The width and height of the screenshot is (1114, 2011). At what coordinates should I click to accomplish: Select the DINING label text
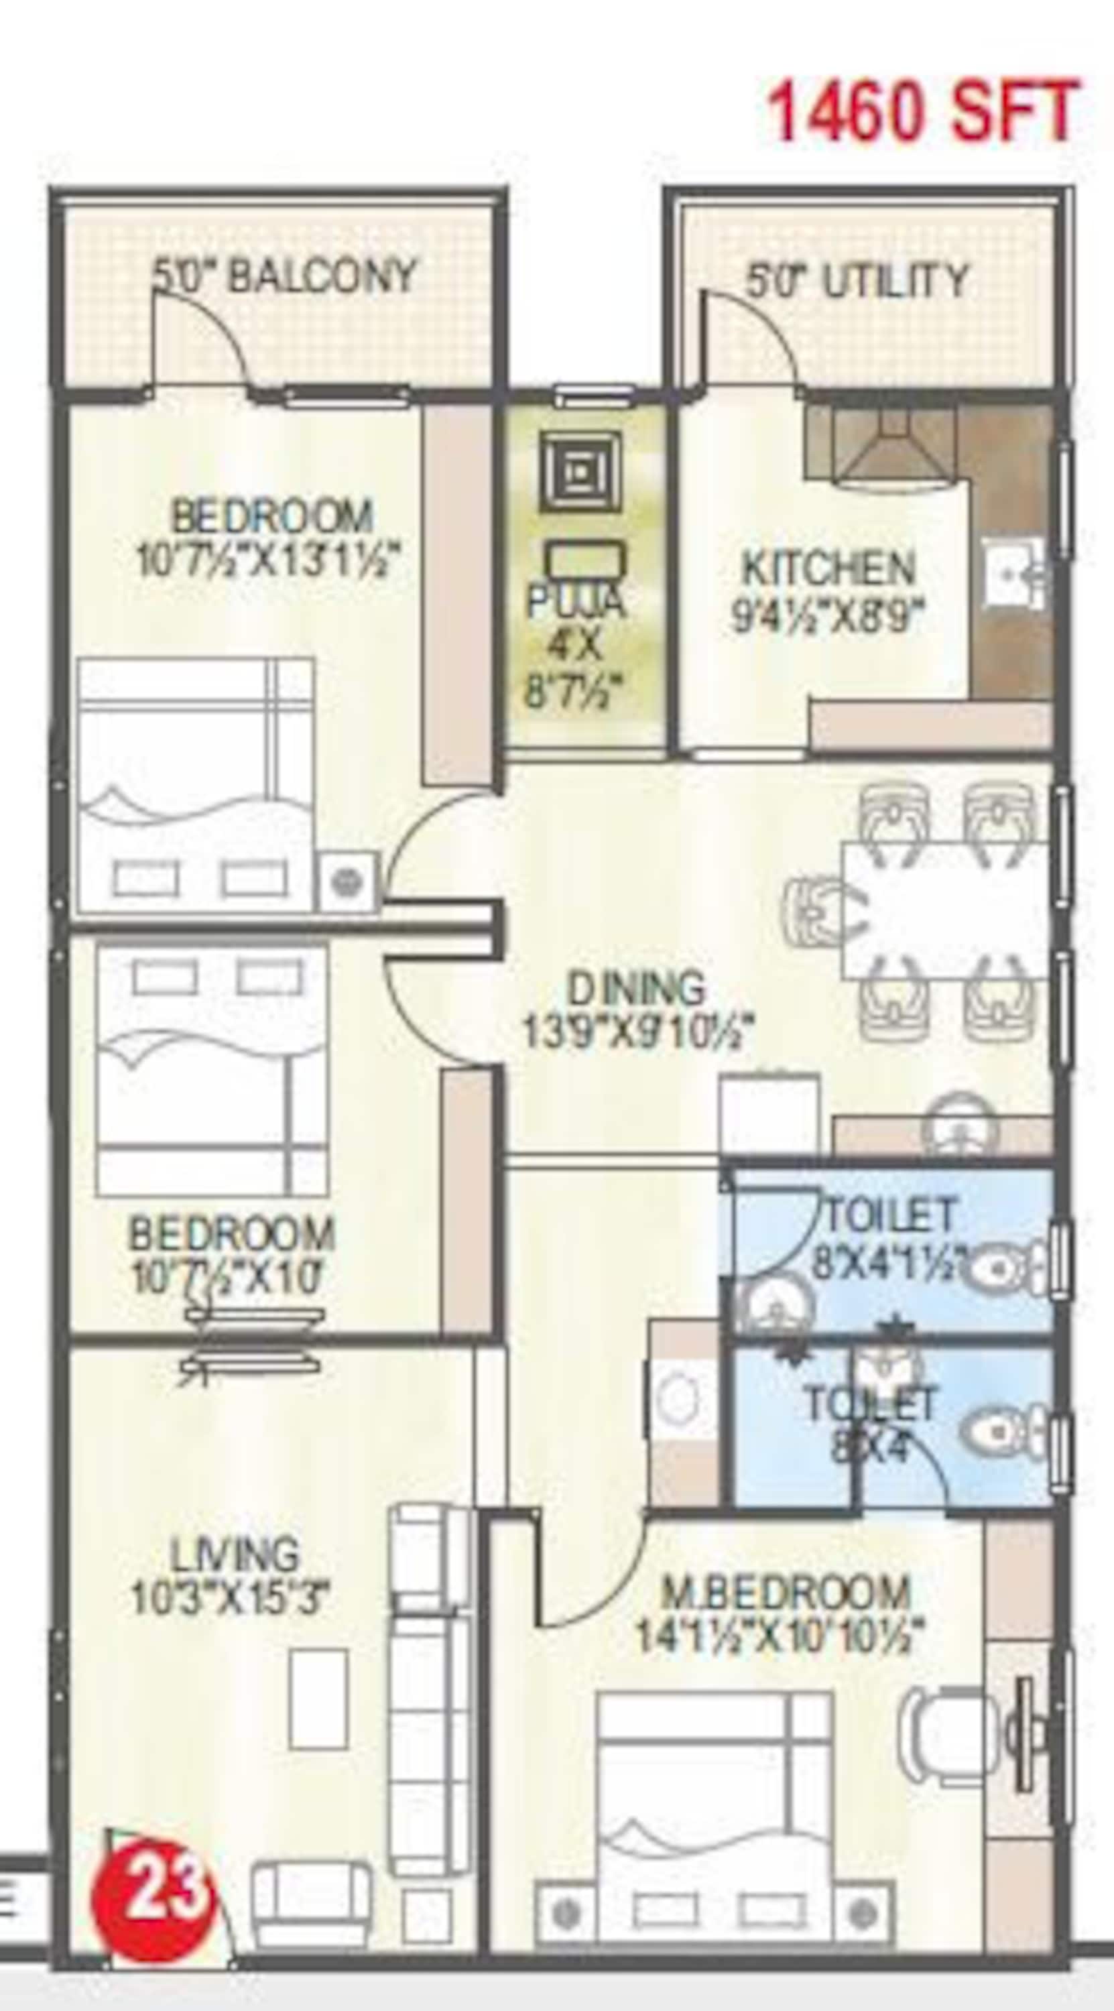tap(635, 988)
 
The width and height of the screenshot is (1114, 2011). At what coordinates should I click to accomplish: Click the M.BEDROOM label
tap(786, 1593)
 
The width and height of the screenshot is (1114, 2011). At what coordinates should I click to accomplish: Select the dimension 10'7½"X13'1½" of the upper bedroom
tap(269, 559)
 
